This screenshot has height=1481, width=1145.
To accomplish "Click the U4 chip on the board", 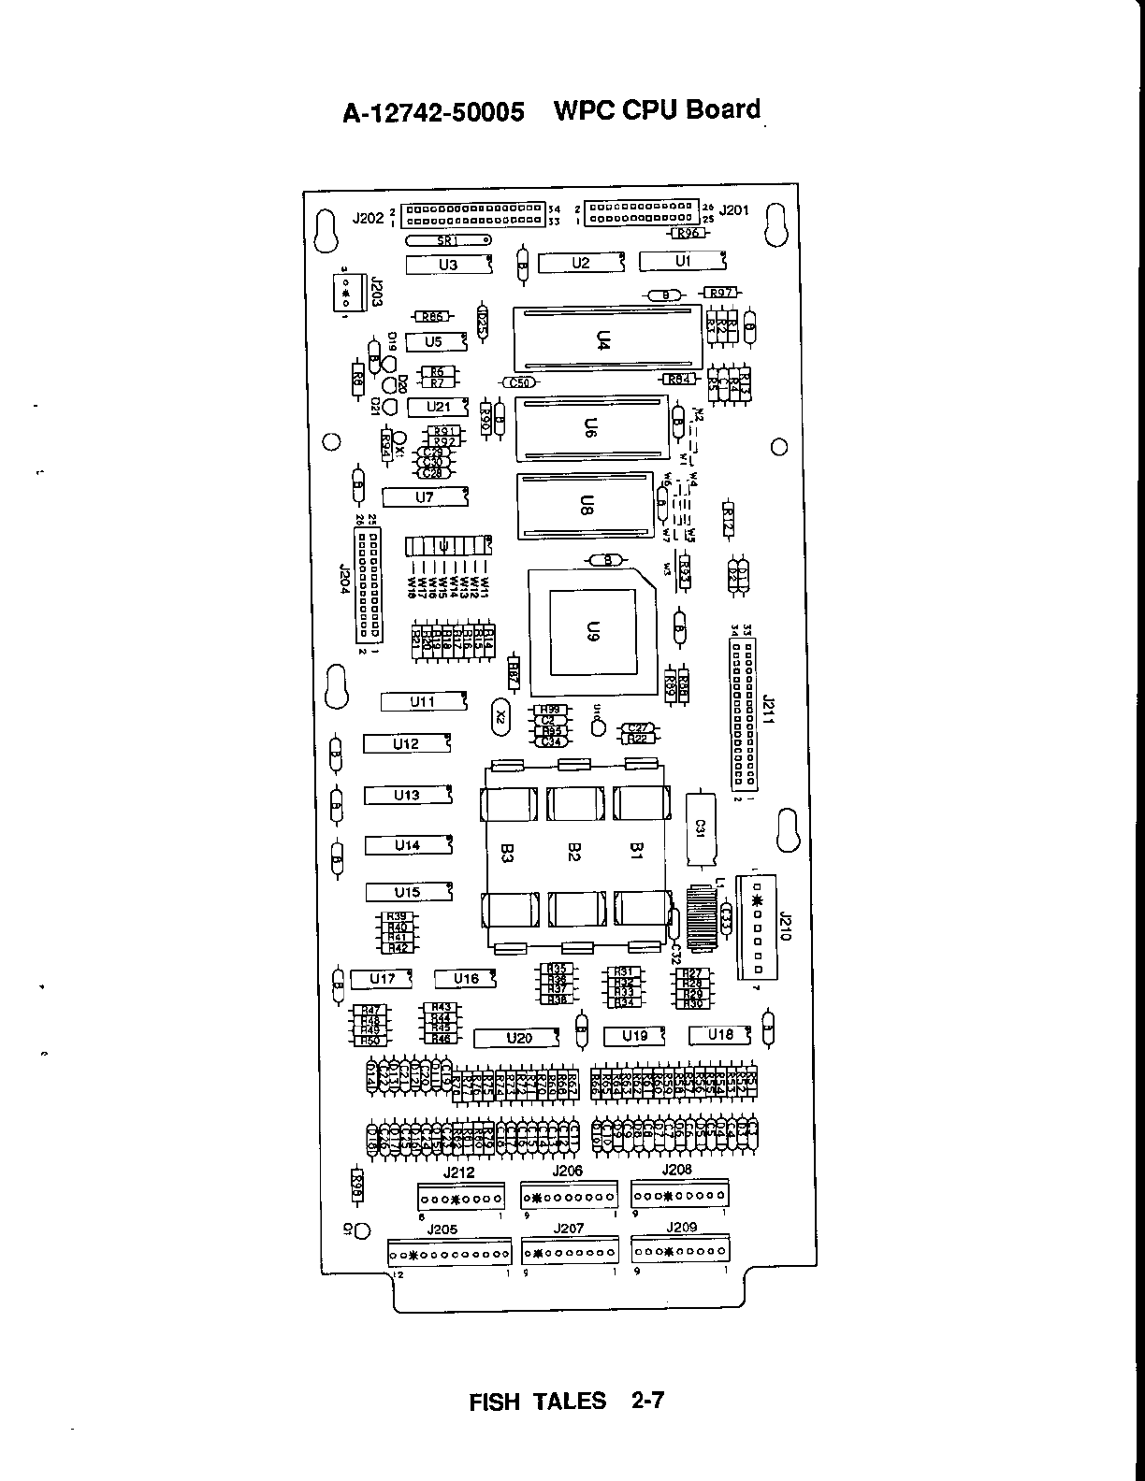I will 606,338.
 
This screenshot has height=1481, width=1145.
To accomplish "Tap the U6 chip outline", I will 591,428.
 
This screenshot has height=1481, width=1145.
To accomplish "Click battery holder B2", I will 574,853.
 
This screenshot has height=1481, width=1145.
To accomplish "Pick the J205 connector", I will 450,1253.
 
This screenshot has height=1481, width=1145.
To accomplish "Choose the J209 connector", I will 680,1250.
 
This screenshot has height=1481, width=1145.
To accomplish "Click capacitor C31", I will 700,828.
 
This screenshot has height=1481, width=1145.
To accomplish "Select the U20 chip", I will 518,1038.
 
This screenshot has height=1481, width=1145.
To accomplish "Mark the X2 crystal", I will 502,717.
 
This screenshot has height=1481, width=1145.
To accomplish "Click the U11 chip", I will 423,701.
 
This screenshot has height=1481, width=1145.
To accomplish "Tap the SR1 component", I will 450,240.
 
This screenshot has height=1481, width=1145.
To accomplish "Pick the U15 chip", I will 408,892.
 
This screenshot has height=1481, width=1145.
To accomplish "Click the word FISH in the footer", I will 495,1402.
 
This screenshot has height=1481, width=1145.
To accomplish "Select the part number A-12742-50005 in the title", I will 432,113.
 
